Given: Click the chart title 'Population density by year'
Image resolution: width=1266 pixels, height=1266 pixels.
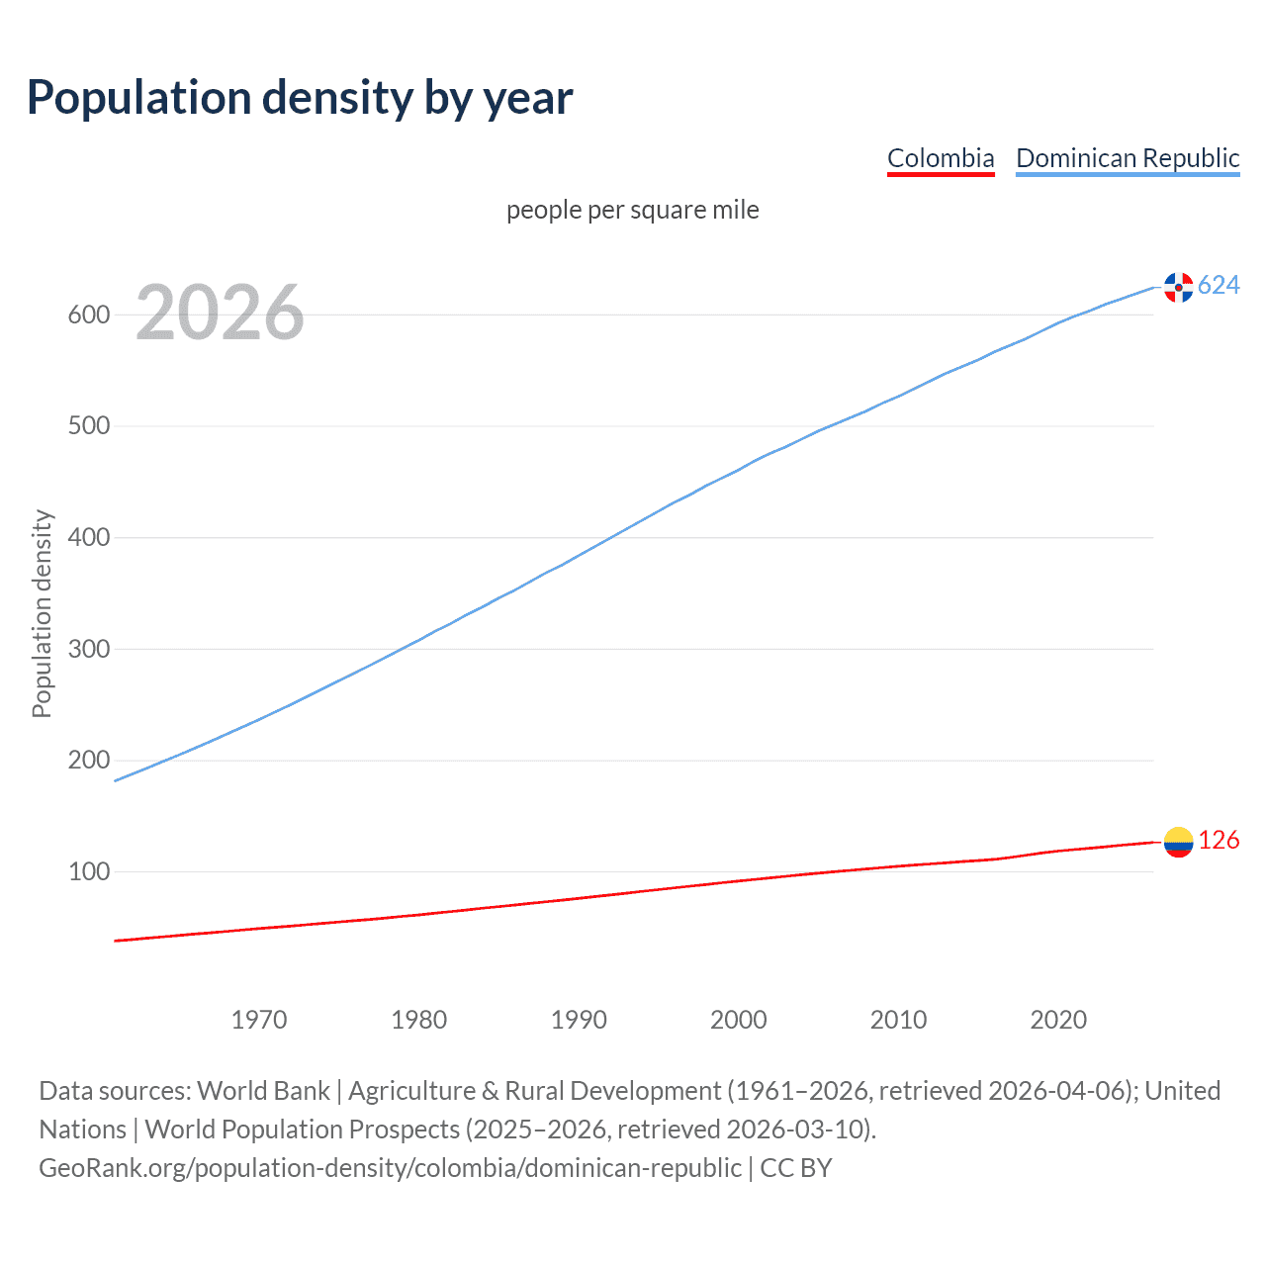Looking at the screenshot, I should (300, 98).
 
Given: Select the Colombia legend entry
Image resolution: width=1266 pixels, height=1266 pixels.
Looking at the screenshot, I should (940, 158).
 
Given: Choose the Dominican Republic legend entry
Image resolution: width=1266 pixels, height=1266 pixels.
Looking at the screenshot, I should (1127, 158).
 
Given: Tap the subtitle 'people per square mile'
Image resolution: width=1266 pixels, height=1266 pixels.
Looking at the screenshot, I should (632, 211).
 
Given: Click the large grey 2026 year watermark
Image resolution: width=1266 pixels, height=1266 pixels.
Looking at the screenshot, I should (220, 313).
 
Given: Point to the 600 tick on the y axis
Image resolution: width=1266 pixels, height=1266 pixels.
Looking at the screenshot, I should (88, 316).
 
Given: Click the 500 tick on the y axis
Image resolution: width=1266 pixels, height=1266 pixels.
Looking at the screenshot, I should (88, 426).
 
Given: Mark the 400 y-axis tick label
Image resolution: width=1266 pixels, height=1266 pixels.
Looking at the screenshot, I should (88, 538).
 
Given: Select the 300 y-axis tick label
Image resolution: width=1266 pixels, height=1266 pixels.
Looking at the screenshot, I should (88, 650).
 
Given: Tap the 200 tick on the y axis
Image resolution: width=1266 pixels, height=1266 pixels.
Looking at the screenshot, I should (88, 761).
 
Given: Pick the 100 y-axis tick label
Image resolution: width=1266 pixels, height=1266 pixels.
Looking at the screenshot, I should (88, 872).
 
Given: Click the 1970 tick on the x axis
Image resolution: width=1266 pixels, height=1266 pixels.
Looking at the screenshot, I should (259, 1020).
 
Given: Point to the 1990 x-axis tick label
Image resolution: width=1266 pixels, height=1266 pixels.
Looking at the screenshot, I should (579, 1020).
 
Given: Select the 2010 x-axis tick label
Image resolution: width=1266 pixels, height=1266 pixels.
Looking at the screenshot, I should (898, 1020).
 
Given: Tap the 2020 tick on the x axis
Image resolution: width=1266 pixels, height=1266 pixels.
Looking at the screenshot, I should (1058, 1020).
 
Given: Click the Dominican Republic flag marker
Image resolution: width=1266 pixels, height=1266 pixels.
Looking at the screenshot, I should (1178, 287).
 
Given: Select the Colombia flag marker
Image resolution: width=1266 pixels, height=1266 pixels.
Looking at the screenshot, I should (1178, 842).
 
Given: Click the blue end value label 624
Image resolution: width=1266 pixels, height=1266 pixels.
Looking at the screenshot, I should (1219, 286).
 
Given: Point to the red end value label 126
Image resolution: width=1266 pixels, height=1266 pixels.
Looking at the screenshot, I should (1219, 841).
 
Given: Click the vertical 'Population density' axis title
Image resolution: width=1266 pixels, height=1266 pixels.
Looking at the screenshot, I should (42, 613).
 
